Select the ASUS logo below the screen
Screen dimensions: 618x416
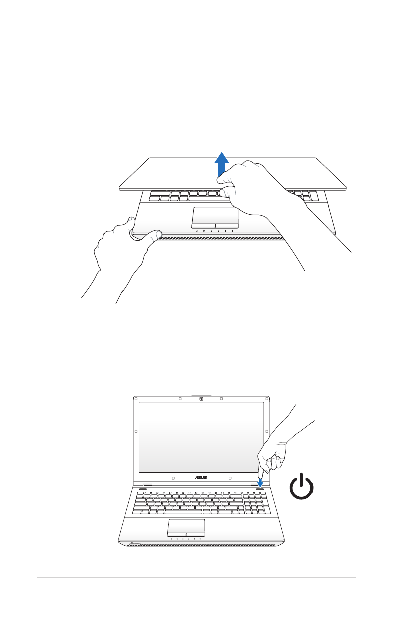[200, 477]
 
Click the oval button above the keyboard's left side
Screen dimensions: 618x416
[142, 488]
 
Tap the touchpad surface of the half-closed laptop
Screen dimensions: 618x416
[215, 215]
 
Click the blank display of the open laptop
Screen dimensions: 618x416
[200, 437]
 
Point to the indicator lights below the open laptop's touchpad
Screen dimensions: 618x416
[186, 539]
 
